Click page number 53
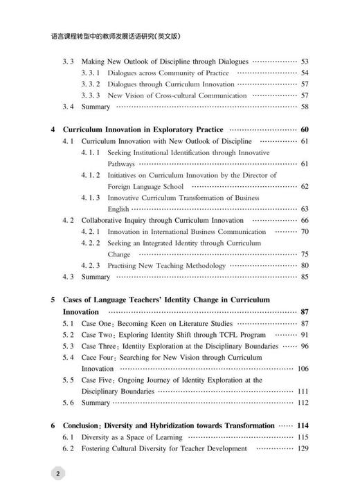coord(305,62)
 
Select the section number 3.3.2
coord(91,84)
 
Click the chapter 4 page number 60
coord(304,129)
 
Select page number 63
coord(305,208)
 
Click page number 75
coord(305,254)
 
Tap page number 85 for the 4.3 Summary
coord(305,277)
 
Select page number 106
coord(303,369)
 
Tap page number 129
coord(303,448)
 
